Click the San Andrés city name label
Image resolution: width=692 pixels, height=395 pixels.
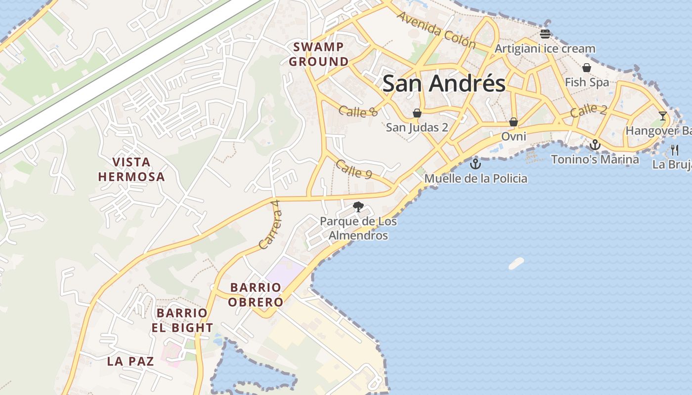click(x=444, y=83)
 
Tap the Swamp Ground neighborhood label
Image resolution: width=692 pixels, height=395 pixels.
click(x=319, y=54)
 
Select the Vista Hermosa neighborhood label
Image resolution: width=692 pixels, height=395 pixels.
click(x=131, y=169)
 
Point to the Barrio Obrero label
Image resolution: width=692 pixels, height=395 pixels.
click(x=256, y=294)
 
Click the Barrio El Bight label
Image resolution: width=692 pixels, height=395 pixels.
click(x=182, y=320)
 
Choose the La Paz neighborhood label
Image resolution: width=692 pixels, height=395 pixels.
click(x=130, y=361)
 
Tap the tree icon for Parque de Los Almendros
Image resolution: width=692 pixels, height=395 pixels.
click(x=358, y=207)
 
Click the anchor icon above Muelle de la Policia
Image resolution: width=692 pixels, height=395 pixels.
click(x=476, y=163)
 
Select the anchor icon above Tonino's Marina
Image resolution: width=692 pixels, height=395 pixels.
click(x=595, y=145)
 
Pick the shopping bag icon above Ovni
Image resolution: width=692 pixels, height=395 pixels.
click(x=514, y=121)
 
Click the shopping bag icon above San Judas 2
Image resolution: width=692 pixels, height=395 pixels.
click(x=417, y=113)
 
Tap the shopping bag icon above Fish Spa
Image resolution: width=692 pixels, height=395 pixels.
click(x=587, y=68)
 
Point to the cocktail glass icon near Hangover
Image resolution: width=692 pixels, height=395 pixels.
click(x=663, y=116)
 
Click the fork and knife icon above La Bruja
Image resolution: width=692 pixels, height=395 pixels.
click(x=675, y=150)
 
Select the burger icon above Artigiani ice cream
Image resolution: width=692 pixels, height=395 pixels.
click(x=545, y=34)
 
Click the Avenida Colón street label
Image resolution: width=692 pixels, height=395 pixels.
click(x=435, y=30)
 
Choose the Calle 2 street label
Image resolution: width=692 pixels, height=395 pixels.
click(x=588, y=111)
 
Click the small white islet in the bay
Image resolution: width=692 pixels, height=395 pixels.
click(x=516, y=263)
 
